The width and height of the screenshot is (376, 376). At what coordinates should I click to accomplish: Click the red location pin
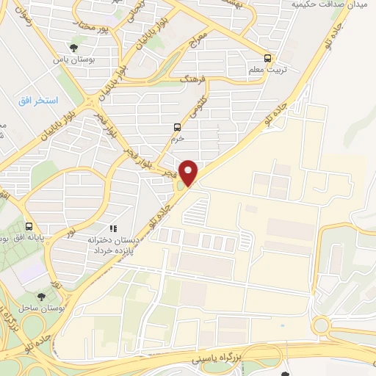coord(189,173)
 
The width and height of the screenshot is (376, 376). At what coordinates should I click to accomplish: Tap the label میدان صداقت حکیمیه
coord(333,5)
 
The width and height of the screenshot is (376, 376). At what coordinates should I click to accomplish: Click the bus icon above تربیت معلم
coord(267,57)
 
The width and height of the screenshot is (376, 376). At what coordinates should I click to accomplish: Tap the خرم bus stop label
coord(176,138)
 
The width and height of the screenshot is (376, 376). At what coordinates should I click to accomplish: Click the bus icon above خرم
coord(176,126)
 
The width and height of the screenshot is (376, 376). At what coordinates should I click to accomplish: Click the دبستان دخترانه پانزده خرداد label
coord(113,245)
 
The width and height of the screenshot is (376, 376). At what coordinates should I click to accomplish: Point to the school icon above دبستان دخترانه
coord(113,228)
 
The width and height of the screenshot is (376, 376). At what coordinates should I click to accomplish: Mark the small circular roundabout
coord(322,326)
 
